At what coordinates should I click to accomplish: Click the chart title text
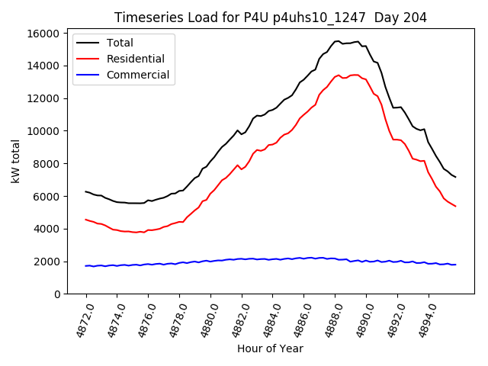[x=271, y=18]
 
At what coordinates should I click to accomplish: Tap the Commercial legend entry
[x=138, y=75]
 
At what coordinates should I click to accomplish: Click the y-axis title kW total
[x=16, y=163]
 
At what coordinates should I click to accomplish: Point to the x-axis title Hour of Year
[x=270, y=348]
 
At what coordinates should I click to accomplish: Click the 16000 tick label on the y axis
[x=43, y=33]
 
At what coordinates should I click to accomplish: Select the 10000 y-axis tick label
[x=43, y=131]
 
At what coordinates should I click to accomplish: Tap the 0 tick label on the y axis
[x=56, y=294]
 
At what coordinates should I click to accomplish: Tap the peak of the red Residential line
[x=355, y=75]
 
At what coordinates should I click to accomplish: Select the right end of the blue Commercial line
[x=455, y=265]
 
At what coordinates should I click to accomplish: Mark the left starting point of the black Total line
[x=85, y=191]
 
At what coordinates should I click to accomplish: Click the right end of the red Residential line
[x=455, y=206]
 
